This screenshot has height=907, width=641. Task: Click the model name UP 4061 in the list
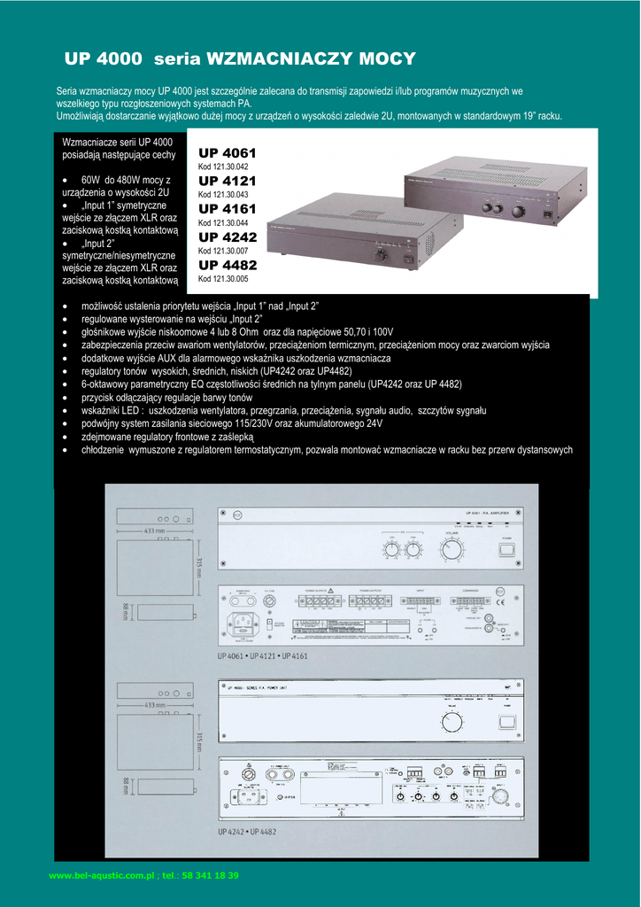[227, 153]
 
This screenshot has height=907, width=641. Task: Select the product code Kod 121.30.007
[223, 251]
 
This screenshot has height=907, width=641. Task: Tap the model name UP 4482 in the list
[228, 265]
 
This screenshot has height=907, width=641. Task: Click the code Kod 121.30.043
[223, 195]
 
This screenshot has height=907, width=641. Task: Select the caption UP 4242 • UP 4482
[247, 832]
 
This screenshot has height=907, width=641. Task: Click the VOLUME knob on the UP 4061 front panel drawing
[452, 551]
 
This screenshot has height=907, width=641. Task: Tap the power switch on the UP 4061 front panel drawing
[506, 549]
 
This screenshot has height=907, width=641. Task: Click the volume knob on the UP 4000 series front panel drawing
[452, 724]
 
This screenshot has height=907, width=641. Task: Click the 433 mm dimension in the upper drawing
[155, 531]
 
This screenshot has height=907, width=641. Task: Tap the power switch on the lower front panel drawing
[507, 722]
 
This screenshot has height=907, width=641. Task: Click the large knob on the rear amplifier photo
[518, 211]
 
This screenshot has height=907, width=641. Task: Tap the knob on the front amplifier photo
[382, 254]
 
